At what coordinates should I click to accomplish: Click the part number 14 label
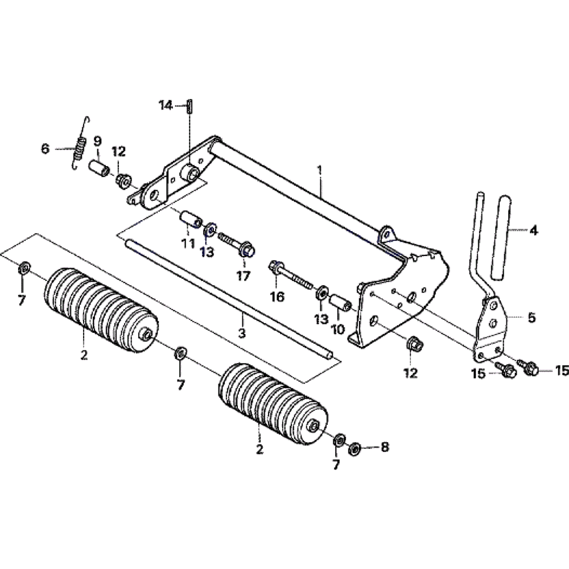[x=166, y=106]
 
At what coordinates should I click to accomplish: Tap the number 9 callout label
[x=98, y=142]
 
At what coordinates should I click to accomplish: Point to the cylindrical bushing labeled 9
[x=99, y=169]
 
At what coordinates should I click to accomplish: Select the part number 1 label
[x=320, y=170]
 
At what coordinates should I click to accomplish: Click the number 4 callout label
[x=533, y=230]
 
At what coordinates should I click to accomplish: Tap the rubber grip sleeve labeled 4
[x=501, y=238]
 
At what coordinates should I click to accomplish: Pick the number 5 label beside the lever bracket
[x=531, y=318]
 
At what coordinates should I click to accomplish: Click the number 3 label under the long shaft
[x=242, y=333]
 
